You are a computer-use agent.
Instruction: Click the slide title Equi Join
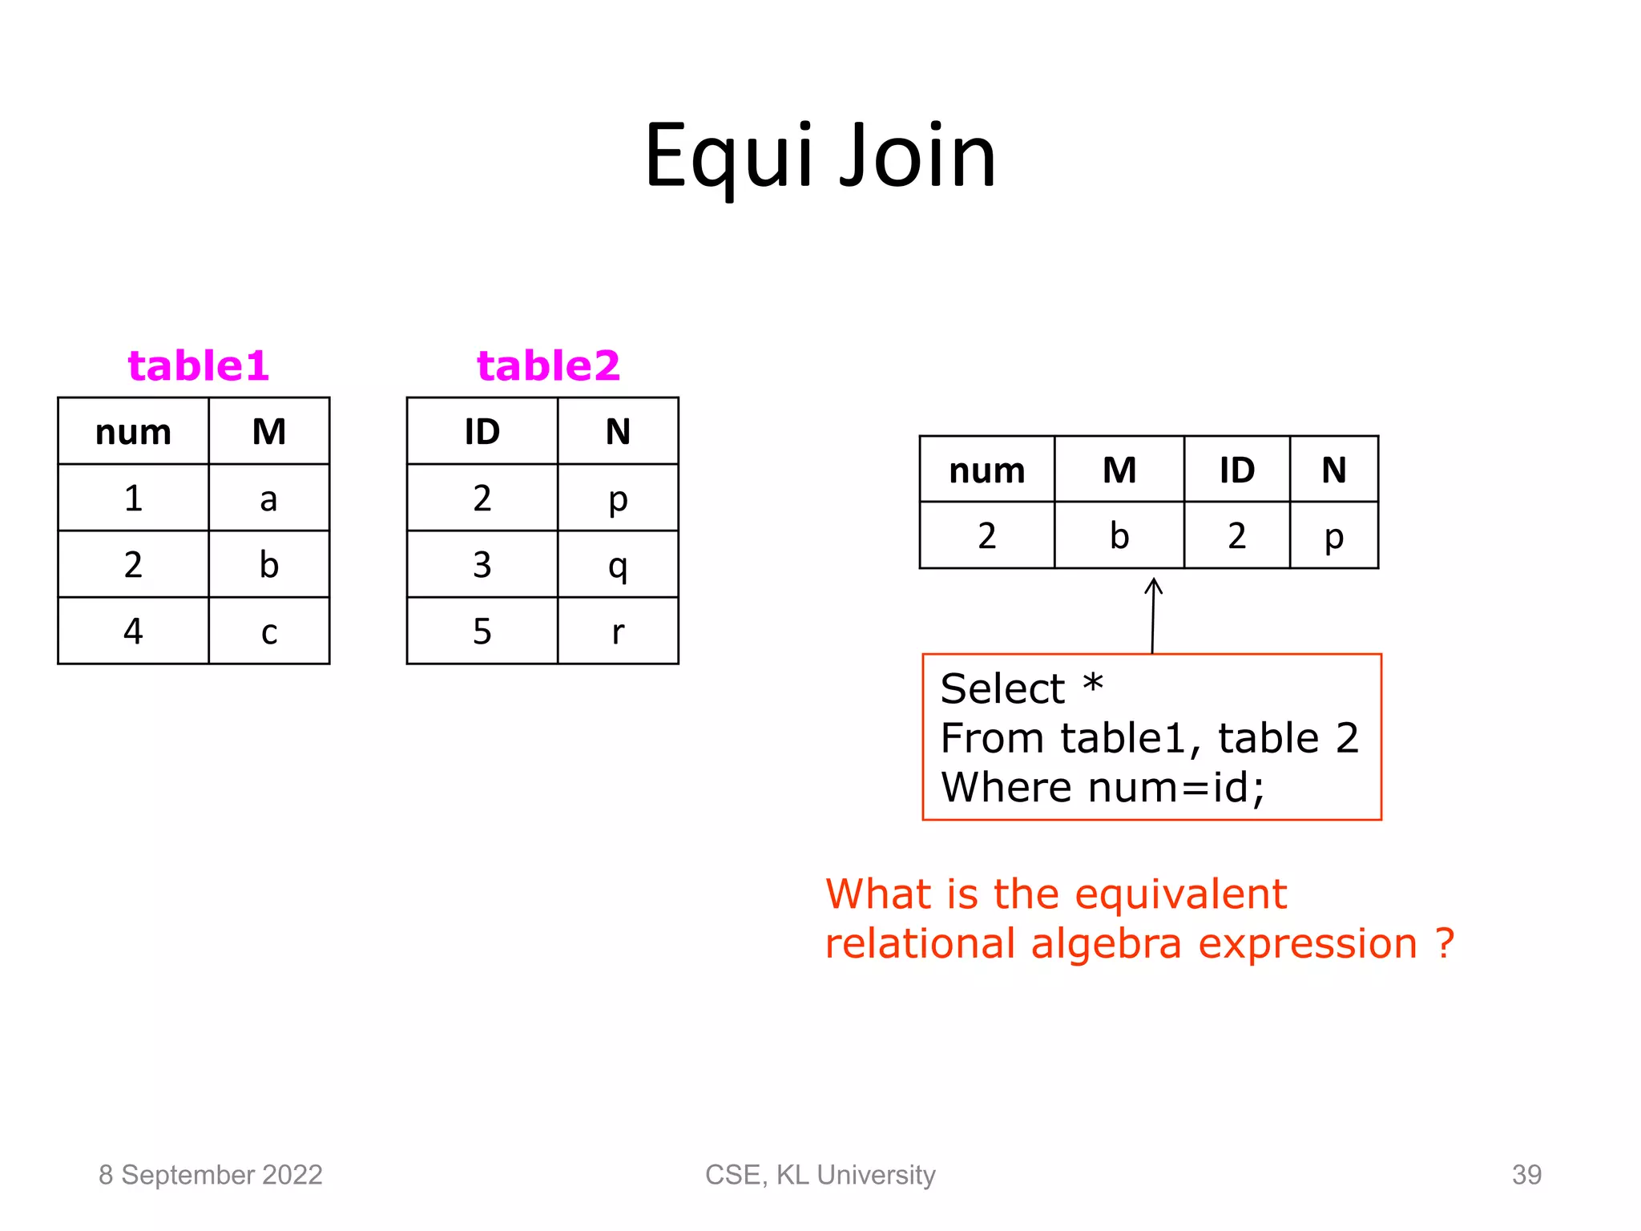[820, 156]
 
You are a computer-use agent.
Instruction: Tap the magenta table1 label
[198, 366]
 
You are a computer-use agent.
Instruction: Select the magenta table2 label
[548, 366]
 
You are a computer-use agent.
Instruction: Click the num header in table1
[133, 432]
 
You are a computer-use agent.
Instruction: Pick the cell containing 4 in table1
[133, 632]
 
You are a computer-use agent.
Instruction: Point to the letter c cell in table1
[269, 632]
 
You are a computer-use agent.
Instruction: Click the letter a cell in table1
[269, 498]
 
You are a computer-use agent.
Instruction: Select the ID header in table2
[482, 432]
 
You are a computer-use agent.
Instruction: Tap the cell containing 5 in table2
[482, 632]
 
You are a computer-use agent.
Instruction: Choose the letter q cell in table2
[618, 565]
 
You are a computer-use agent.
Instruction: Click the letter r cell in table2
[618, 632]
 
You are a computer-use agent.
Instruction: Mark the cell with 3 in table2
[482, 565]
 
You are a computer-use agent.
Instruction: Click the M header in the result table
[1119, 470]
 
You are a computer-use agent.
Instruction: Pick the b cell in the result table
[1119, 535]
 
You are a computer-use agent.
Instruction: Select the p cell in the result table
[1333, 535]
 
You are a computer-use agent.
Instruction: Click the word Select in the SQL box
[1002, 689]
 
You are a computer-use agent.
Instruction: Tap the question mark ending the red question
[1445, 943]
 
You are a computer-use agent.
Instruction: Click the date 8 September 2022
[210, 1175]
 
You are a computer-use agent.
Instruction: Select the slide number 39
[1526, 1175]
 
